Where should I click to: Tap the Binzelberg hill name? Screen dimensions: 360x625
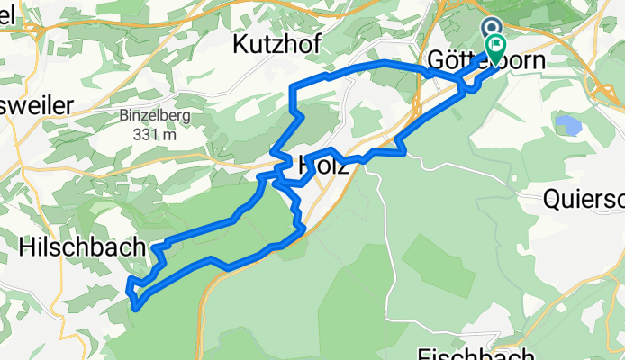tap(150, 115)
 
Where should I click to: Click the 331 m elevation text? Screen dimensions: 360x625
tap(150, 134)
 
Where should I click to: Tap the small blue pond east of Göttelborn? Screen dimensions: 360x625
tap(570, 123)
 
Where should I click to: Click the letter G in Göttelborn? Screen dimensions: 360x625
tap(436, 61)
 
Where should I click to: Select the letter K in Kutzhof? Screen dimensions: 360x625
tap(240, 42)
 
